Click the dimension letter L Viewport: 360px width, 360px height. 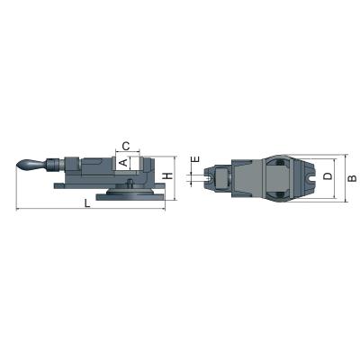tap(86, 204)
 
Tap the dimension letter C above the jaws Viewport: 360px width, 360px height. tap(127, 145)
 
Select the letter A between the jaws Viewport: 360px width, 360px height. tap(123, 163)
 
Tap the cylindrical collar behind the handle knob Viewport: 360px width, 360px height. tap(55, 165)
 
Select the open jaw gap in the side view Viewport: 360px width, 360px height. tap(137, 164)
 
